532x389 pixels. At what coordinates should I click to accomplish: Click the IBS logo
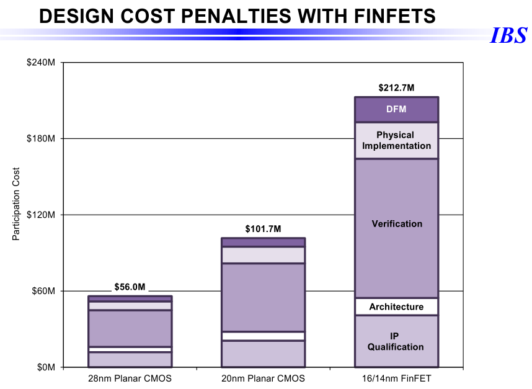tap(508, 36)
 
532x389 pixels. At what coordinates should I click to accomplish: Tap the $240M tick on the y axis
tap(42, 63)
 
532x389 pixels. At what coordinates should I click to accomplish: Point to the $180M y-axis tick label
tap(42, 138)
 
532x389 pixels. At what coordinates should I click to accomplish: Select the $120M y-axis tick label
tap(42, 215)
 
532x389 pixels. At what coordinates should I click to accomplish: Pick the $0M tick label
tap(46, 367)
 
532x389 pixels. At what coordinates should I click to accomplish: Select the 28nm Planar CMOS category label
tap(130, 378)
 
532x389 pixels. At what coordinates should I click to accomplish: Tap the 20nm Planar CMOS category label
tap(263, 378)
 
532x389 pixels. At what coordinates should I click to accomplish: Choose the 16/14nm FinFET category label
tap(396, 378)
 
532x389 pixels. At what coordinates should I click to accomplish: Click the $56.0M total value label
tap(130, 287)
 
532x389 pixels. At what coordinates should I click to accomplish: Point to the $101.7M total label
tap(263, 229)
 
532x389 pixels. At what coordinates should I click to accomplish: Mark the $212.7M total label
tap(396, 88)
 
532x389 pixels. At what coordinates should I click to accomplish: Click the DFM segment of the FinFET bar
tap(396, 110)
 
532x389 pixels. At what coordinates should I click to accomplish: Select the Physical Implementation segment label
tap(396, 141)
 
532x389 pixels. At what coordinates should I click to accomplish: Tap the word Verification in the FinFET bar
tap(397, 223)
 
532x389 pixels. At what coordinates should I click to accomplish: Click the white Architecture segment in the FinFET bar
tap(396, 306)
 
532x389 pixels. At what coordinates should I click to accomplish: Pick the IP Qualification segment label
tap(396, 341)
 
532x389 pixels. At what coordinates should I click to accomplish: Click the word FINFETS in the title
tap(381, 17)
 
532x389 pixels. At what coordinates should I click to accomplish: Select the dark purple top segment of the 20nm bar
tap(263, 242)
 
